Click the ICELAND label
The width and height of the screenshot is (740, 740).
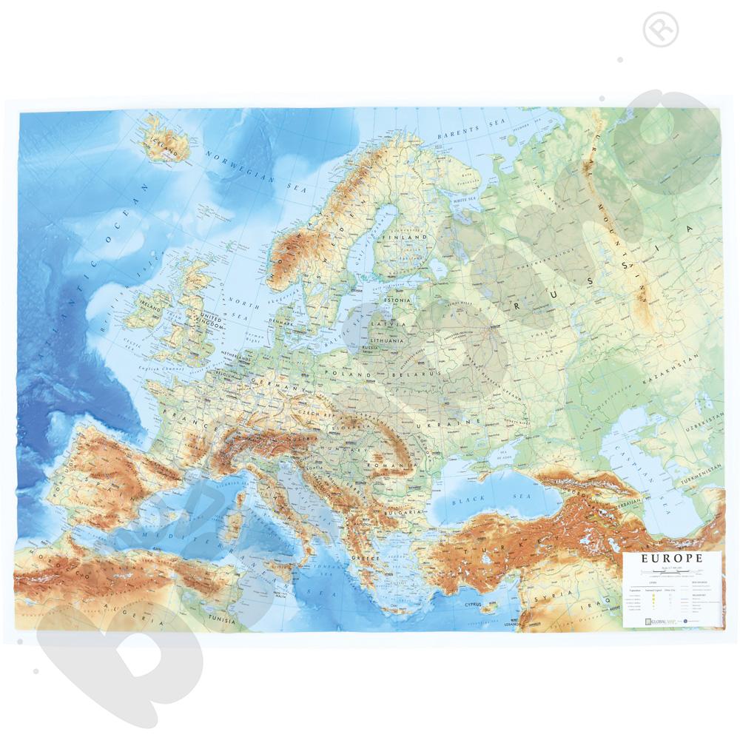click(166, 144)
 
